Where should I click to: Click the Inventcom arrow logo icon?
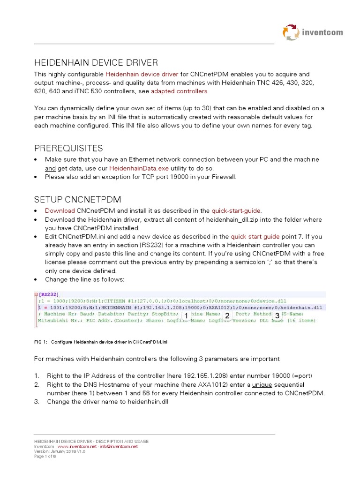pos(290,32)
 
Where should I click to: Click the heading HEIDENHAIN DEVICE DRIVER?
pos(96,62)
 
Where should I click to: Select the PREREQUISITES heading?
pos(68,148)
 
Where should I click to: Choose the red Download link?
pos(60,211)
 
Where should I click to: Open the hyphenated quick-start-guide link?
pos(236,211)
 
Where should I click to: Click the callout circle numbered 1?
pos(186,316)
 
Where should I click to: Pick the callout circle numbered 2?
pos(227,316)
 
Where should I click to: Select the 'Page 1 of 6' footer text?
pos(45,457)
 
